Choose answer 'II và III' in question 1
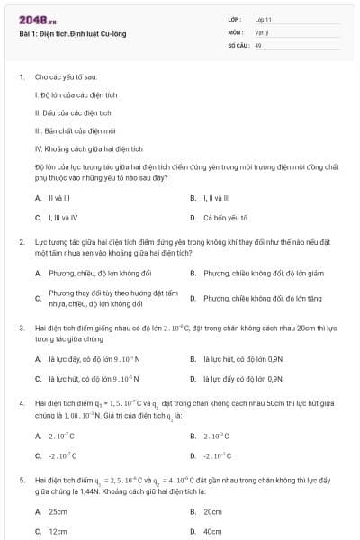click(58, 197)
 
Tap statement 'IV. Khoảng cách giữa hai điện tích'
click(88, 148)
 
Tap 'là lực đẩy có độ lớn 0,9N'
click(242, 379)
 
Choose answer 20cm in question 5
click(212, 510)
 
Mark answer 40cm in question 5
click(212, 530)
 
